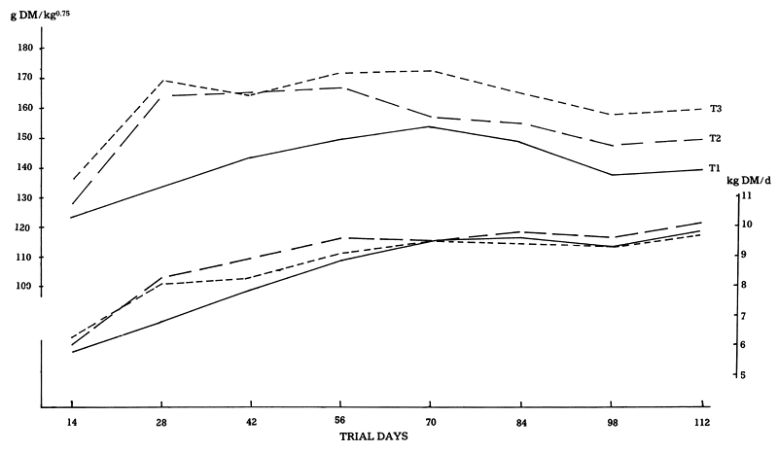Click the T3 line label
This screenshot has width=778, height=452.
tap(716, 108)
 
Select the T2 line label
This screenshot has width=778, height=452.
tap(716, 139)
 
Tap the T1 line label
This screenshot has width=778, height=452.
tap(716, 169)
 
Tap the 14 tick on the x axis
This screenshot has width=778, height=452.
tap(72, 423)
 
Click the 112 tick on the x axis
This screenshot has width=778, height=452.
tap(703, 423)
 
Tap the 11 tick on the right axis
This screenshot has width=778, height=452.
tap(747, 195)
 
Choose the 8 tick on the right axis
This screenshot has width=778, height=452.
tap(746, 286)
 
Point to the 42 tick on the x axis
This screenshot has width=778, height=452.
tap(251, 423)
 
